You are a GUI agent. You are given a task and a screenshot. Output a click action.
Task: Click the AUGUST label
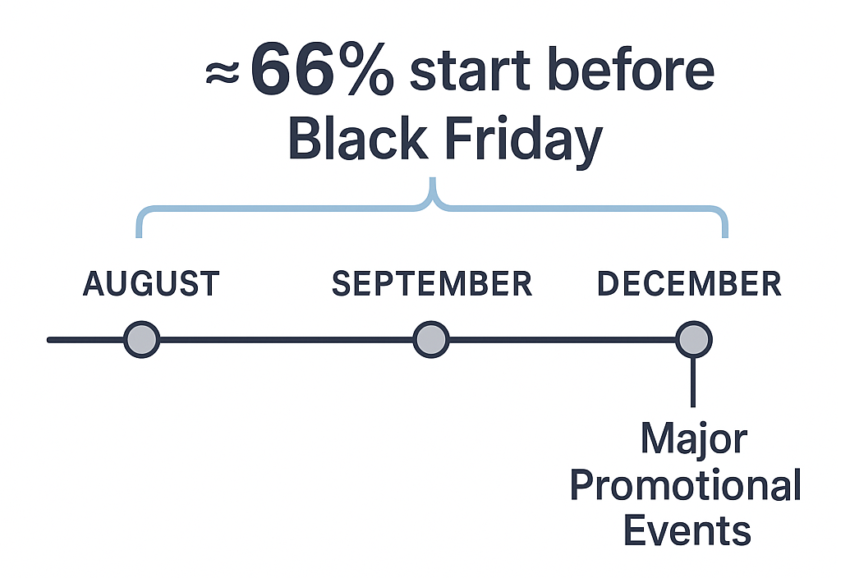[151, 284]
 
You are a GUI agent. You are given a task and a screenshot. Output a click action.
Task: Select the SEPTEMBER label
[432, 284]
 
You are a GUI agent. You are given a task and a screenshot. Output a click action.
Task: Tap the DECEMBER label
[689, 284]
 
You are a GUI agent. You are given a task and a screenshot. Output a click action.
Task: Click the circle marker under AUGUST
[141, 339]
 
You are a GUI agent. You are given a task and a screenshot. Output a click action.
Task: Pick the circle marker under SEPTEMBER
[430, 339]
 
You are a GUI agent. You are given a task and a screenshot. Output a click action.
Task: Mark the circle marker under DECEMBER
[694, 339]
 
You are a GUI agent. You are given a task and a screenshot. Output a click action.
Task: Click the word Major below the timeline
[693, 441]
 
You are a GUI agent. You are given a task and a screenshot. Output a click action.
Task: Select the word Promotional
[685, 486]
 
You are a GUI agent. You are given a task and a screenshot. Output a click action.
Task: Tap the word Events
[687, 530]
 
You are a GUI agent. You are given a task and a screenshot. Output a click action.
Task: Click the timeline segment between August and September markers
[286, 339]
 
